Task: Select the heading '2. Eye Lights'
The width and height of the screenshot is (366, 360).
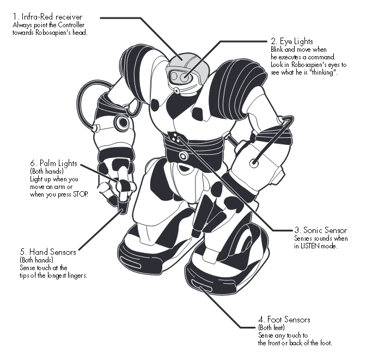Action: coord(291,41)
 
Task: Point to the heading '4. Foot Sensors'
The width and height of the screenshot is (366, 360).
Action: coord(284,320)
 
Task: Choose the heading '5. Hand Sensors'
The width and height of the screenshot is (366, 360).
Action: coord(47,253)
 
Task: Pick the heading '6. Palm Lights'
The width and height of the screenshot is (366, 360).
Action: coord(53,163)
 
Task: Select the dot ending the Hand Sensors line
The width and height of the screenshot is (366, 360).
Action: coord(120,209)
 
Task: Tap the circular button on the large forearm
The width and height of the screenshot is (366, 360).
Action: coord(254,162)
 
